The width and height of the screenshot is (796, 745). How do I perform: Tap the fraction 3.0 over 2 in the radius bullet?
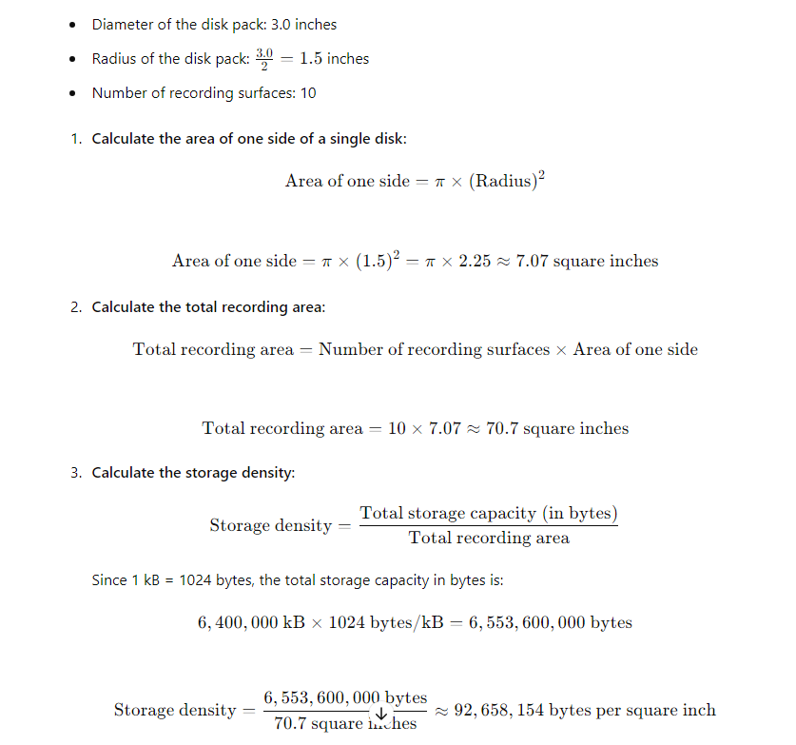point(264,58)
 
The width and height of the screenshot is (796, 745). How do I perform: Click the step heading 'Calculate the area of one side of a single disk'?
point(249,139)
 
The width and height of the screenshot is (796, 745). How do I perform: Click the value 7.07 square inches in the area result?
point(587,261)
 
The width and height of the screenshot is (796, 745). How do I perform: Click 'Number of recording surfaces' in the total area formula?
point(434,349)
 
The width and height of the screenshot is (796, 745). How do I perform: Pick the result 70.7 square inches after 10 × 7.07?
point(557,428)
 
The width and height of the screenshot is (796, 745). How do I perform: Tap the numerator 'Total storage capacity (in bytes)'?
point(489,513)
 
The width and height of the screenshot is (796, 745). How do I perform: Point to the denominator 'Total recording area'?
point(489,538)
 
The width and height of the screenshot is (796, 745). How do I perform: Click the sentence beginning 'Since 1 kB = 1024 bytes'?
point(298,579)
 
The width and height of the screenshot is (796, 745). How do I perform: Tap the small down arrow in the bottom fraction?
point(381,714)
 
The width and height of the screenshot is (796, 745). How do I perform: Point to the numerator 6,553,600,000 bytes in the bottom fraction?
point(345,697)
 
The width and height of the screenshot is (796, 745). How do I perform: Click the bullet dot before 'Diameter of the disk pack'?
point(72,25)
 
